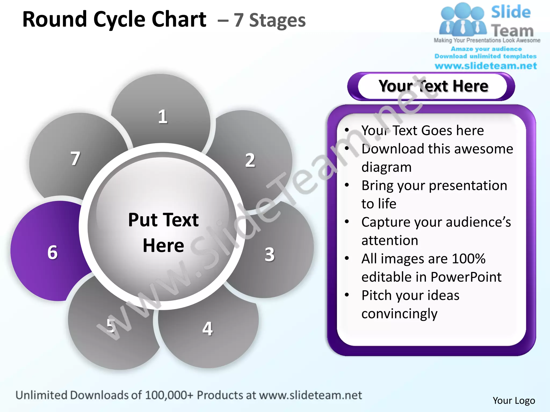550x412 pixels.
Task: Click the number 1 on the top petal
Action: click(162, 117)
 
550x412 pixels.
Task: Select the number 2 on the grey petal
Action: click(250, 160)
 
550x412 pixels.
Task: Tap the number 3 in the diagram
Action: click(270, 254)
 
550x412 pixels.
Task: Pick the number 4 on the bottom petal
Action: click(207, 329)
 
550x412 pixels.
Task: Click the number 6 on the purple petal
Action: click(53, 252)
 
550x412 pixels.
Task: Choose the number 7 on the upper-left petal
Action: click(75, 159)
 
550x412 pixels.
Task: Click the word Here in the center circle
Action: click(163, 245)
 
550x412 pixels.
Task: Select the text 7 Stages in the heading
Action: click(269, 20)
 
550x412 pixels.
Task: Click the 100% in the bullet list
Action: click(469, 259)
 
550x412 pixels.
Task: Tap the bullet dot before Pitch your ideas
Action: click(347, 295)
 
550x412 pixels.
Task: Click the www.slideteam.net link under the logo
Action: click(486, 66)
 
